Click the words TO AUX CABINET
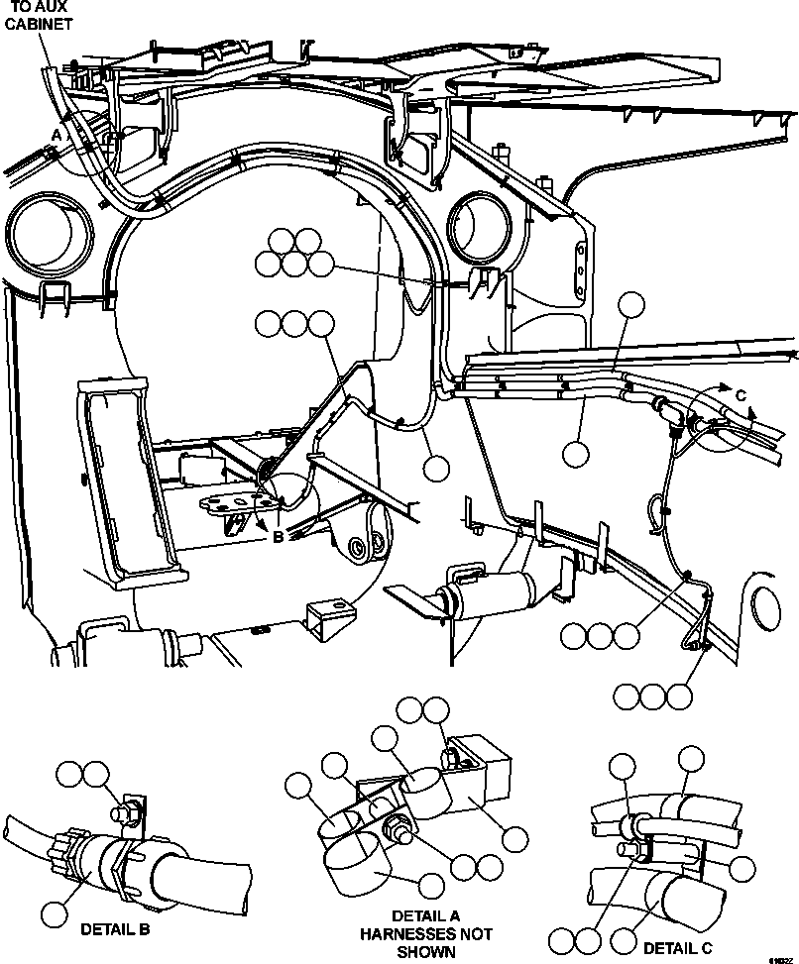(x=41, y=16)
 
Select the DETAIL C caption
(x=678, y=948)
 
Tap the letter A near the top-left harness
(x=57, y=132)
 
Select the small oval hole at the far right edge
(x=766, y=603)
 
